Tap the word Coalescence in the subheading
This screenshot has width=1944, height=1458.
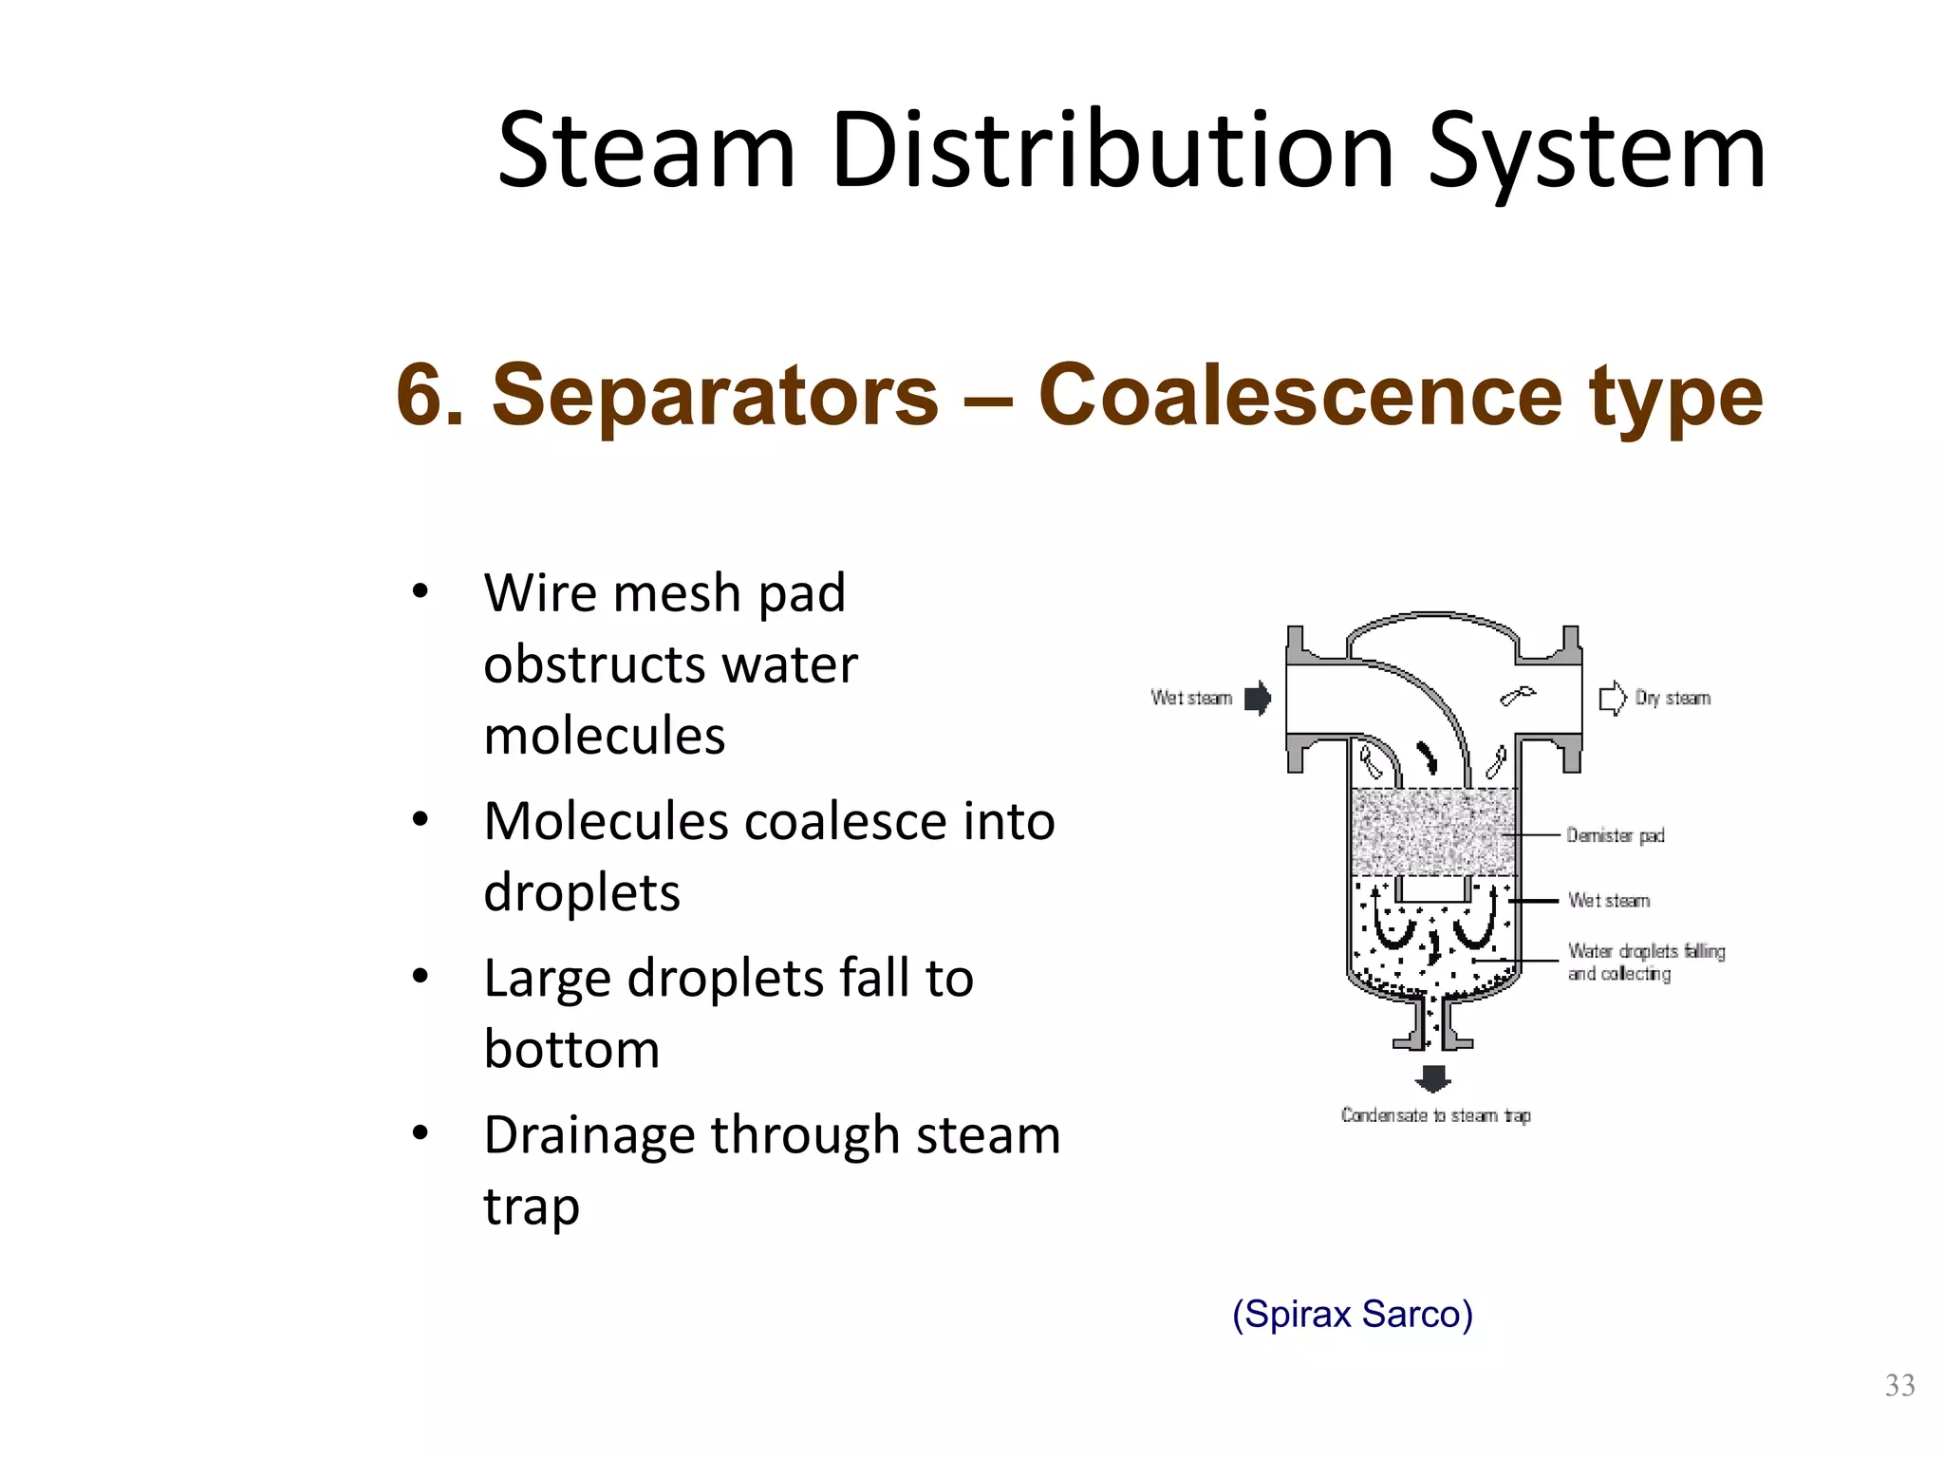1299,395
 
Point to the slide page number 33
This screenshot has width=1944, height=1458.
1899,1386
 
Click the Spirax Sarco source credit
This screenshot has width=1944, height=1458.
1352,1314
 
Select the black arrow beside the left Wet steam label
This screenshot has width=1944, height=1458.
1258,699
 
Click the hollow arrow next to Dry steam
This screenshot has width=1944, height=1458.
1612,699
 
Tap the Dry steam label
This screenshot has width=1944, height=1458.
1673,699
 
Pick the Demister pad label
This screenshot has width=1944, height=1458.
1616,835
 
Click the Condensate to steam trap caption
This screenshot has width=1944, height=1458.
1435,1115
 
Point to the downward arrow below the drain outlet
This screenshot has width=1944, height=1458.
1432,1077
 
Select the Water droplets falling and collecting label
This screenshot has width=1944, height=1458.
1646,962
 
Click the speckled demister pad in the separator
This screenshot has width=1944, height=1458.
1433,832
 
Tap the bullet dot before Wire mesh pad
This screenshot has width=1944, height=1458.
421,592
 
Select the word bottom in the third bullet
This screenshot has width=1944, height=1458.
571,1050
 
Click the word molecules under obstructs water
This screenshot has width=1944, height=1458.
605,737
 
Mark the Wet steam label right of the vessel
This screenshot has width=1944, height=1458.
1609,900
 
